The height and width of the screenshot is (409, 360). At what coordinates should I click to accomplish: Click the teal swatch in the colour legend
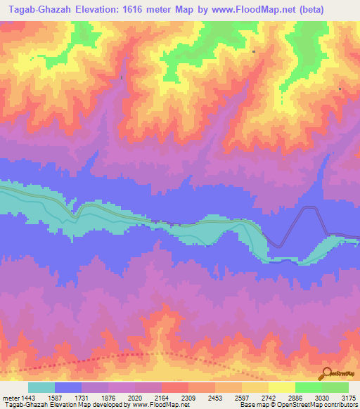tap(41, 387)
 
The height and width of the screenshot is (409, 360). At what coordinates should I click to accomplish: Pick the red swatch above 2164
tap(175, 387)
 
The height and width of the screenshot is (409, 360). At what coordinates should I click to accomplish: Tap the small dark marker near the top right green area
tap(253, 51)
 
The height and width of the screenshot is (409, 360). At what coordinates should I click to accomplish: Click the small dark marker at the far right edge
tap(340, 89)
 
